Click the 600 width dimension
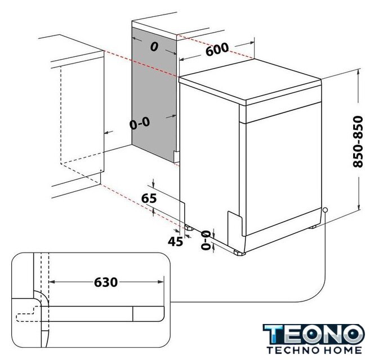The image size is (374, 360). pyautogui.click(x=217, y=49)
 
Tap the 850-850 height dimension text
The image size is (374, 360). pyautogui.click(x=358, y=142)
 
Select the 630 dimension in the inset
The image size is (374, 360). pyautogui.click(x=106, y=282)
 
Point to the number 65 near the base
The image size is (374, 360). pyautogui.click(x=149, y=199)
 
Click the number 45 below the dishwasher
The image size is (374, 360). pyautogui.click(x=175, y=241)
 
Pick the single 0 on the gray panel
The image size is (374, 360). pyautogui.click(x=154, y=47)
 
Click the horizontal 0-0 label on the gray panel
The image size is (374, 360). pyautogui.click(x=140, y=123)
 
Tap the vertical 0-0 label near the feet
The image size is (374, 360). pyautogui.click(x=206, y=240)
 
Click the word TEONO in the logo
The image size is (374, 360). pyautogui.click(x=314, y=335)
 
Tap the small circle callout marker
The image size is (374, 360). pyautogui.click(x=325, y=210)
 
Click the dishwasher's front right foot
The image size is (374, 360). pyautogui.click(x=239, y=253)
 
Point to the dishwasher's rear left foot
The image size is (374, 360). pyautogui.click(x=189, y=228)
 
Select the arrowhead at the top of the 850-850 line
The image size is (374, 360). pyautogui.click(x=358, y=72)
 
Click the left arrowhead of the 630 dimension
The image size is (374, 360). pyautogui.click(x=52, y=282)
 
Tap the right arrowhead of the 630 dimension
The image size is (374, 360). pyautogui.click(x=161, y=282)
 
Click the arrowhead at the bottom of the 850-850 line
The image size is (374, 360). pyautogui.click(x=358, y=207)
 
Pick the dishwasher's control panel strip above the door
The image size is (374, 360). pyautogui.click(x=283, y=112)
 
